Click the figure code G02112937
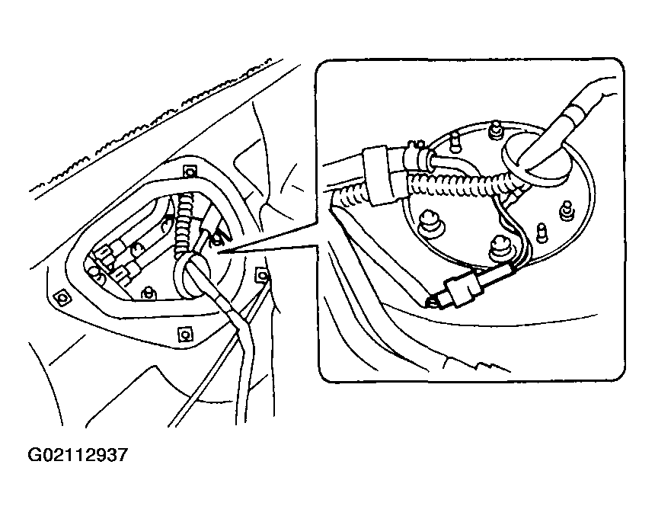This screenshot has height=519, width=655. pos(78,456)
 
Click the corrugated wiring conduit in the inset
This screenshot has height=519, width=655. pos(457,182)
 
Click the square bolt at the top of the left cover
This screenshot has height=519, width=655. pos(191,171)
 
